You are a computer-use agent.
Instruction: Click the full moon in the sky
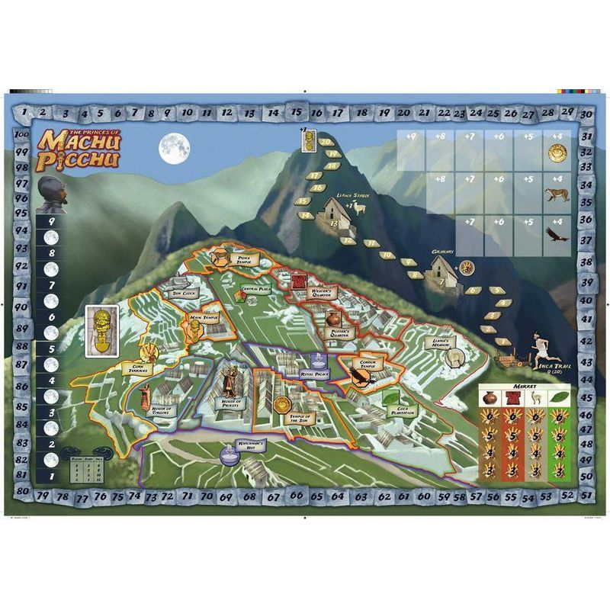173,148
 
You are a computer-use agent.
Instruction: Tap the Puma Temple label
246,259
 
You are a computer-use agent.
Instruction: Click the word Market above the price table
525,388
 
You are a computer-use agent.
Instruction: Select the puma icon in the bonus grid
554,195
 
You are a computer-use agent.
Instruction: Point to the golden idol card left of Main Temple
101,330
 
